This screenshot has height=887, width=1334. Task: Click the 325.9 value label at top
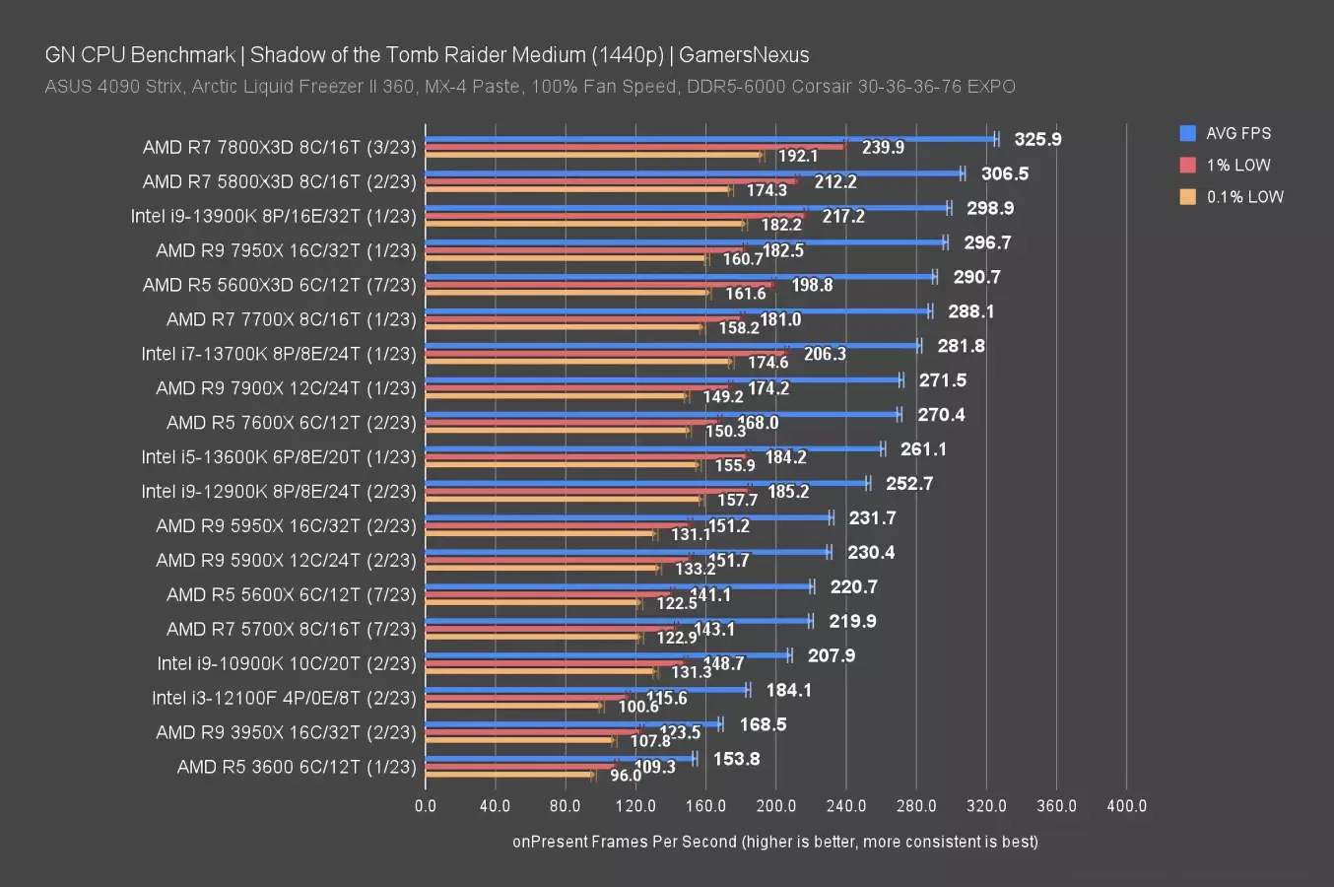[x=1037, y=139]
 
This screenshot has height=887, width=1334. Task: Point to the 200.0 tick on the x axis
[x=776, y=805]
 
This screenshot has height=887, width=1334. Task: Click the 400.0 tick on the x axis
[x=1127, y=805]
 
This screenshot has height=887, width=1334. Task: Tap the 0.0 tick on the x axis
[x=426, y=805]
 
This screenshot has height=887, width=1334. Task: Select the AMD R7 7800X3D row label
[x=279, y=147]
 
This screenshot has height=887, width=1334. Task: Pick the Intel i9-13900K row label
[x=273, y=216]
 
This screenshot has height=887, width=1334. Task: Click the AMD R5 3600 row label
[x=297, y=767]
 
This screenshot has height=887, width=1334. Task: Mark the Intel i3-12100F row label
[x=284, y=698]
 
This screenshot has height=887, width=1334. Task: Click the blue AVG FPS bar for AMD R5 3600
[x=560, y=759]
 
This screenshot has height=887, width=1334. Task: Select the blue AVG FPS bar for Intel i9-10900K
[x=607, y=655]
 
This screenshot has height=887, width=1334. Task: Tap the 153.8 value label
[x=737, y=759]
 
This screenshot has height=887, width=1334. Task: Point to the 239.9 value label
[x=883, y=147]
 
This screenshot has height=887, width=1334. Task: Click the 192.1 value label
[x=798, y=156]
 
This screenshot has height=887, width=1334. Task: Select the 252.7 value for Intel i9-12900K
[x=908, y=483]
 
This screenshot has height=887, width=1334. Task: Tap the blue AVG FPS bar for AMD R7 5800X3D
[x=694, y=173]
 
